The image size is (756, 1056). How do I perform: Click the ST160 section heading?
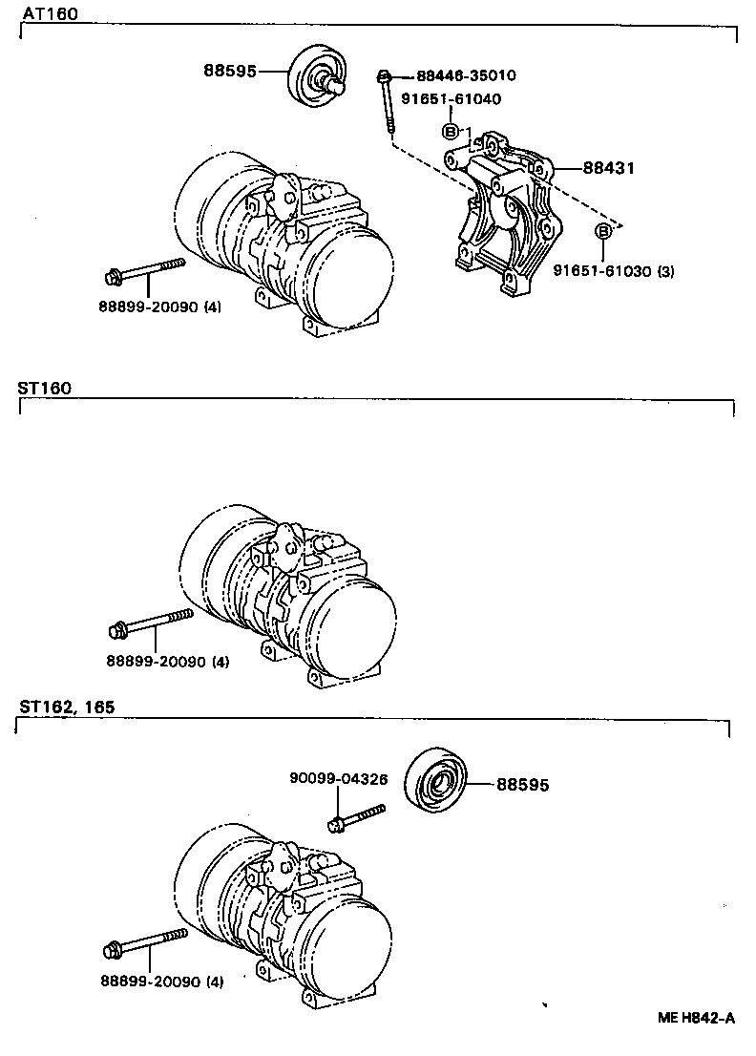click(44, 389)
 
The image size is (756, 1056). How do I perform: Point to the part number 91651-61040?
click(451, 98)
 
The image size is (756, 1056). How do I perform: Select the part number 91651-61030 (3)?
click(613, 271)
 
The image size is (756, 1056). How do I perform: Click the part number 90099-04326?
click(338, 778)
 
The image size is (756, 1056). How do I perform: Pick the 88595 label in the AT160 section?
click(230, 71)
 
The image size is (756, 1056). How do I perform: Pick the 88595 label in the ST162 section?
click(522, 785)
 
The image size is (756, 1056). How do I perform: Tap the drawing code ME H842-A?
click(696, 1018)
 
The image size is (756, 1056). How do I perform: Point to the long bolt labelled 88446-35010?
click(387, 105)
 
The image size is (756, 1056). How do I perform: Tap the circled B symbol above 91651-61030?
click(603, 232)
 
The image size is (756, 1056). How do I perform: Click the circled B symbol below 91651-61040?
click(450, 132)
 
